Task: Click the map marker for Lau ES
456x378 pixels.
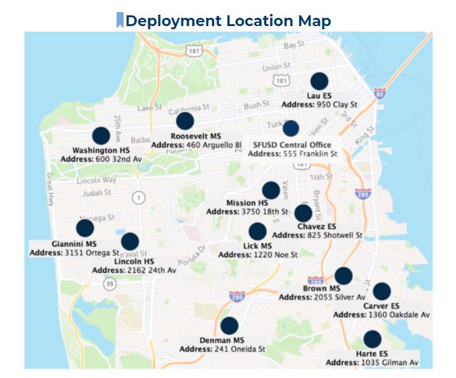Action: [319, 81]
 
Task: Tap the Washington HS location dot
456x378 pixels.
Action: [101, 136]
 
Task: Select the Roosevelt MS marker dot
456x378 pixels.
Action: [185, 121]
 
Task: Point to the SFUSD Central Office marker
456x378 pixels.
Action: [290, 129]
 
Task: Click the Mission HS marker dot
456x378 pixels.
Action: [271, 190]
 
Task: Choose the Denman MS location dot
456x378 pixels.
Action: [229, 326]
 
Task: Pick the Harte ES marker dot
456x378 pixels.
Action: [372, 339]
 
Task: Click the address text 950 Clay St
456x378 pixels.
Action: [336, 104]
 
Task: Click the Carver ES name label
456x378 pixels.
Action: [381, 306]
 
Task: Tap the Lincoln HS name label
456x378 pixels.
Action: [134, 261]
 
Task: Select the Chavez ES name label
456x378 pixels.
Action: [317, 226]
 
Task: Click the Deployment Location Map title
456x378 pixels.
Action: [228, 20]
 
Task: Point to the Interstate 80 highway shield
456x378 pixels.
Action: [380, 94]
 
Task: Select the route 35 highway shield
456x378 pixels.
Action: [110, 284]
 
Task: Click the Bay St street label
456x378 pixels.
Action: [294, 45]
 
